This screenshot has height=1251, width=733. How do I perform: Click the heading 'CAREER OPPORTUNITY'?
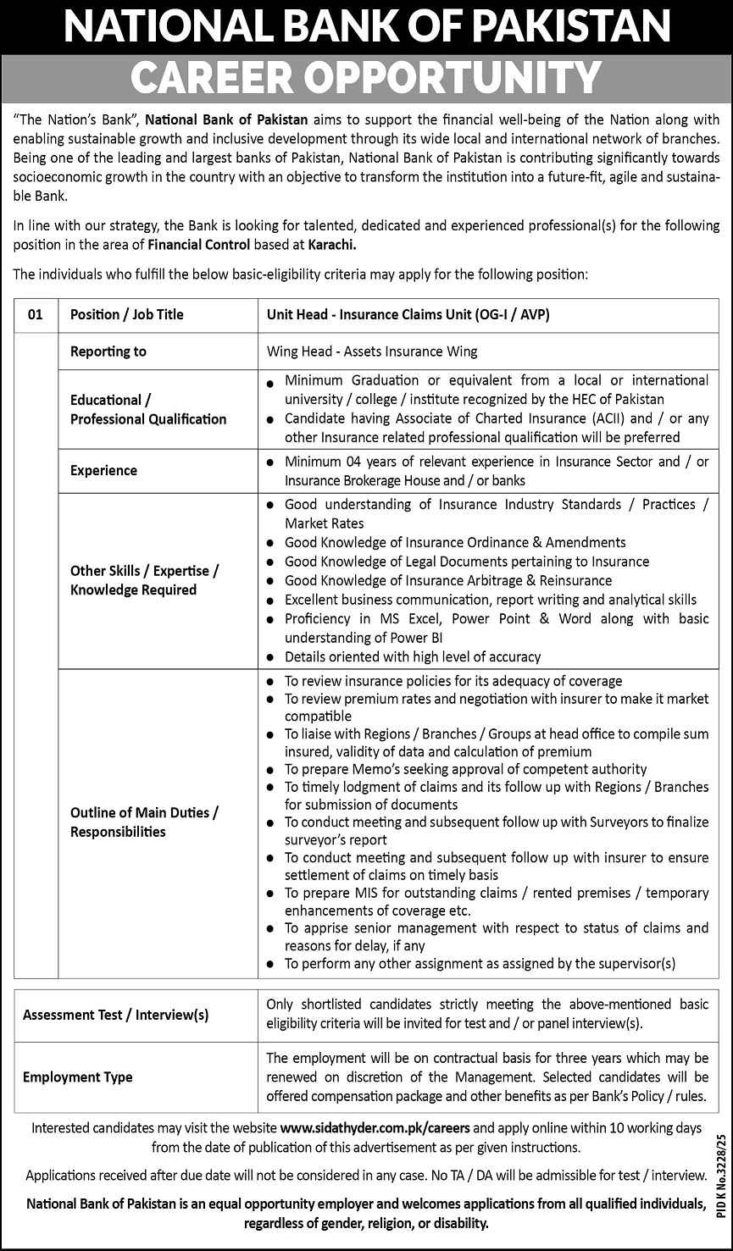366,78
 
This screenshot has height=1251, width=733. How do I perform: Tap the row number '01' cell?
35,314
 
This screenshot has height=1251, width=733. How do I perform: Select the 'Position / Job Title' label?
127,314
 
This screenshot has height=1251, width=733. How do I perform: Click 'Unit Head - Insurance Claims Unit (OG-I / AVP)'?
408,314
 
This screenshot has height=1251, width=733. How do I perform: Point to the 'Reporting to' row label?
108,351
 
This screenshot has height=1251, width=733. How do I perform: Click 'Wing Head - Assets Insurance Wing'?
372,351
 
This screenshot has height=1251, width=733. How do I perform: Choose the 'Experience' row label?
103,470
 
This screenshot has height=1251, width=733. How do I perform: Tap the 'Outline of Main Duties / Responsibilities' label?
145,822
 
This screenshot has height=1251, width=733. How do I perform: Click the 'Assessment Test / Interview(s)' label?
116,1015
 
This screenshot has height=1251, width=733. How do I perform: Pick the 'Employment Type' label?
78,1077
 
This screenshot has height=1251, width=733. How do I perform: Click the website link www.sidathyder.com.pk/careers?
375,1128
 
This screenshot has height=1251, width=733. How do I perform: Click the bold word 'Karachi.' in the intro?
326,246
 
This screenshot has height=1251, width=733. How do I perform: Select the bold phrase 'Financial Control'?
198,246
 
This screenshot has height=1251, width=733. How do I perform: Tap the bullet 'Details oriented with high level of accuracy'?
413,656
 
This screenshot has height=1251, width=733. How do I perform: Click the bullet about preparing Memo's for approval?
465,769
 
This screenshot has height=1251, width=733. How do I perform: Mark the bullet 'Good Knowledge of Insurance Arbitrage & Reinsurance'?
448,580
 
